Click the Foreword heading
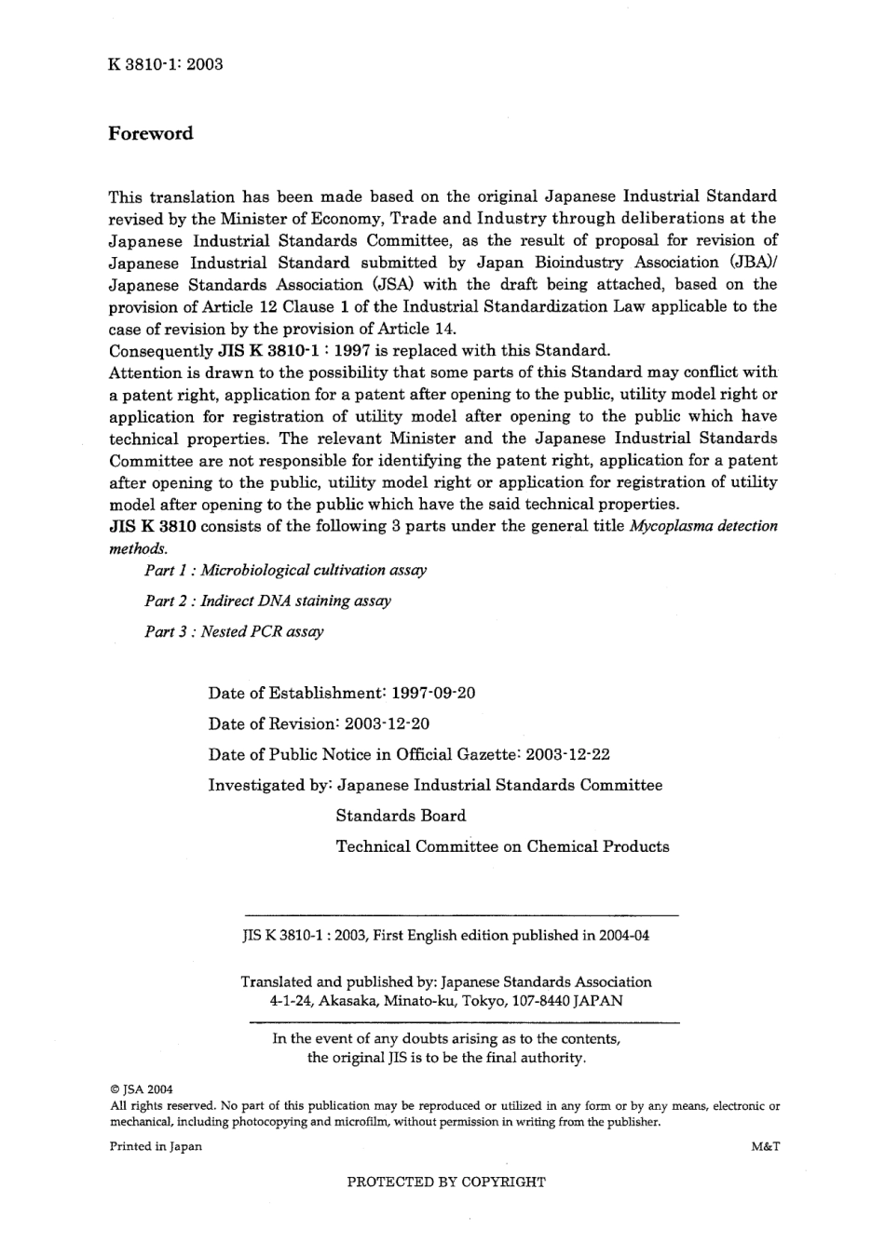[x=151, y=133]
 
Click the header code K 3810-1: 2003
[x=166, y=64]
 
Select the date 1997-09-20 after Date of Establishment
[x=433, y=693]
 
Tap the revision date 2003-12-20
[x=387, y=723]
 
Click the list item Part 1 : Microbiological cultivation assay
[x=285, y=570]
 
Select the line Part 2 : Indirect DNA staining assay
[x=267, y=601]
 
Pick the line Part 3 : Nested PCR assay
[x=234, y=631]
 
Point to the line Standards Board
[x=401, y=816]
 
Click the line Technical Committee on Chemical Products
[x=502, y=846]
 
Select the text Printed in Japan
[x=156, y=1146]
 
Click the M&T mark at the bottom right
[x=764, y=1146]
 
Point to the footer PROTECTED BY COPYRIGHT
[x=445, y=1182]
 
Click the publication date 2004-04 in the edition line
[x=625, y=936]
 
